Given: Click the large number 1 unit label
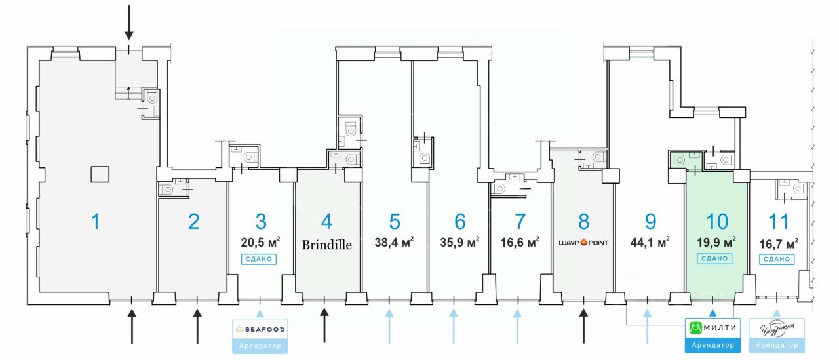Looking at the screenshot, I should pos(96,222).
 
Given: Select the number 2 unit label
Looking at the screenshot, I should pos(193,222).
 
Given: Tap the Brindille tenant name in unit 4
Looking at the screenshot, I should pos(327,245).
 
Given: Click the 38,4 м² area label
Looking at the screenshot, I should pos(393,242).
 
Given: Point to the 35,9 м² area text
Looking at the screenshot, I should pos(459,242).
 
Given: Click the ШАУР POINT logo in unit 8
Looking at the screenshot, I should pos(583,243).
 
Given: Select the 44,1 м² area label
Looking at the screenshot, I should pos(649,242).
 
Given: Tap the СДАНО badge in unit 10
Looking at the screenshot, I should pos(715,258).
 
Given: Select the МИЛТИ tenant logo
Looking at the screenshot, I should pos(713,327).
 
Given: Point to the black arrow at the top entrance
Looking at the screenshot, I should pos(129,23).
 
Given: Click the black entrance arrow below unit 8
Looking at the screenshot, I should pos(583,326).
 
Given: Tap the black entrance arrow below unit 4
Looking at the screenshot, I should pos(324,326).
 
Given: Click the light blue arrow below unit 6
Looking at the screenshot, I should pos(454,326).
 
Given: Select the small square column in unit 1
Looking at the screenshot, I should pos(100,174).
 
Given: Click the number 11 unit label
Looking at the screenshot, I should pos(778,222).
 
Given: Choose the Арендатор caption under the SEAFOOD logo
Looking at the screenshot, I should pos(260,345).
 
